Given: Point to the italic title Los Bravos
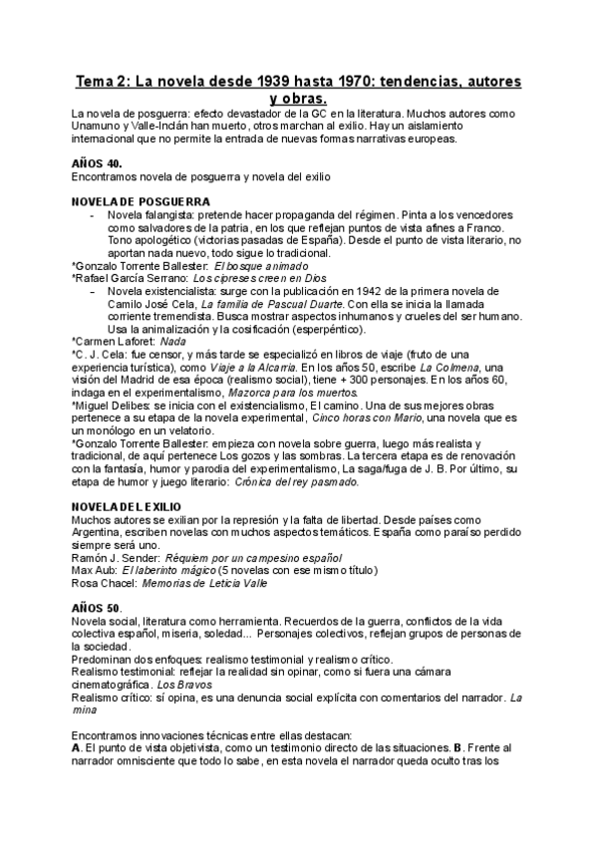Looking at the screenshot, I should pyautogui.click(x=180, y=686).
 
